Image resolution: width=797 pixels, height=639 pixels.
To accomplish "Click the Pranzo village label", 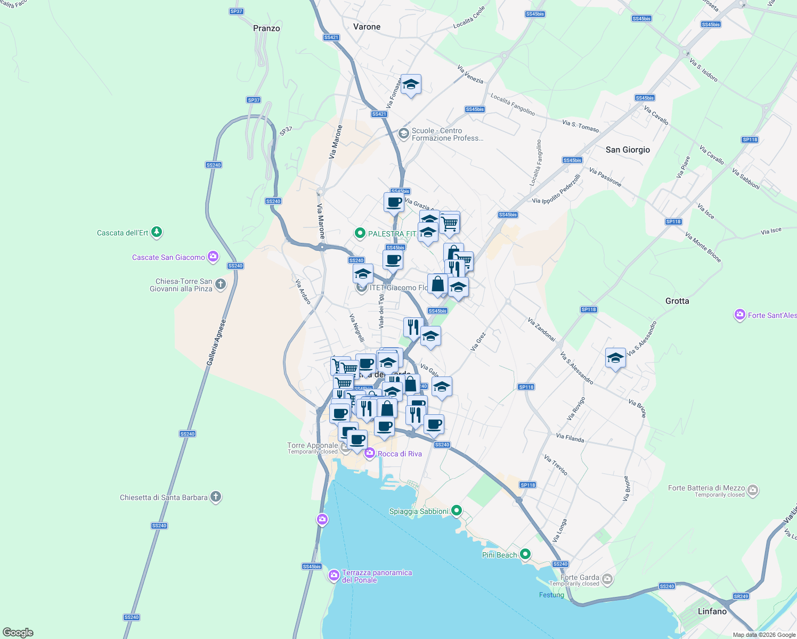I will [x=266, y=28].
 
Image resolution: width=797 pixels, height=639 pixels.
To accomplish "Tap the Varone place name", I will [x=367, y=27].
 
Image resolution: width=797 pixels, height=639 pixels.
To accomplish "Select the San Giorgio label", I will [x=628, y=150].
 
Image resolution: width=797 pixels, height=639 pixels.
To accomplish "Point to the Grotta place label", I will [x=677, y=301].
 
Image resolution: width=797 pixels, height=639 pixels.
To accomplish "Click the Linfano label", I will [x=712, y=611].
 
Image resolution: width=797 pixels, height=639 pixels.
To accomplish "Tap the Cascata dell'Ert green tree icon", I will [x=157, y=232].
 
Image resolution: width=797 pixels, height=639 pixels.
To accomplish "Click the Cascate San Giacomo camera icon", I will [x=213, y=257].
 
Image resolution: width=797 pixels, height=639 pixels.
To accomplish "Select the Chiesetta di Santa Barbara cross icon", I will [x=216, y=497].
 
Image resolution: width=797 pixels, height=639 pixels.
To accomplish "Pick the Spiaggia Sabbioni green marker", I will [x=456, y=511].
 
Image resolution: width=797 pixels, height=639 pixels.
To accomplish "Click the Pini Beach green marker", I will [x=525, y=554].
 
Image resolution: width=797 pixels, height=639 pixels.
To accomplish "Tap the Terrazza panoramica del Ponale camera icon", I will [x=334, y=575].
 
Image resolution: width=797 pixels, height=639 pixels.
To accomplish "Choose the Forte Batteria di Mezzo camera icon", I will [x=752, y=489].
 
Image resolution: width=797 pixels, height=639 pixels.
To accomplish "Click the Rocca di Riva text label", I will [x=400, y=454].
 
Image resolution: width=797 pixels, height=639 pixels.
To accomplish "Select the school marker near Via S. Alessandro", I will [x=615, y=358].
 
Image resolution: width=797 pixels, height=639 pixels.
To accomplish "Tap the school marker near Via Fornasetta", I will [x=411, y=85].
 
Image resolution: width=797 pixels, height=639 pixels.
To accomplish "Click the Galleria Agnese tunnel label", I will [x=216, y=342].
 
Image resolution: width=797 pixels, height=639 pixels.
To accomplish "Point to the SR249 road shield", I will [x=741, y=596].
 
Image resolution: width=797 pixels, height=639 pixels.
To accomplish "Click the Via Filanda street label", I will [x=570, y=438].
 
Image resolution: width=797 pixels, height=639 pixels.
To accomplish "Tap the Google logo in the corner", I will [x=18, y=633].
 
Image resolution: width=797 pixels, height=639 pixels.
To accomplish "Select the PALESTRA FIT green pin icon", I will [x=360, y=233].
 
